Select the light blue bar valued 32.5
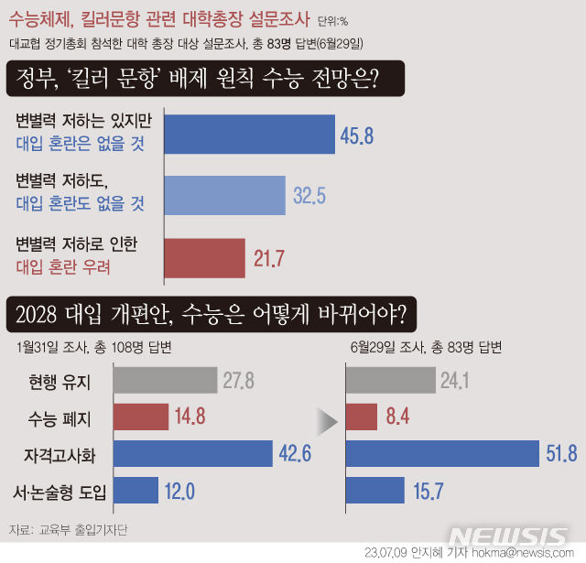[x=225, y=194]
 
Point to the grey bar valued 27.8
[x=164, y=380]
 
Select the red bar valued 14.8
[x=141, y=417]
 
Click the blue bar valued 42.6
[x=192, y=453]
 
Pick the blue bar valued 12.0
[x=135, y=490]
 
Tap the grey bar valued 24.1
[x=391, y=380]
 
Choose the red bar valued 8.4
[x=362, y=417]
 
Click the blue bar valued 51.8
[x=442, y=453]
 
